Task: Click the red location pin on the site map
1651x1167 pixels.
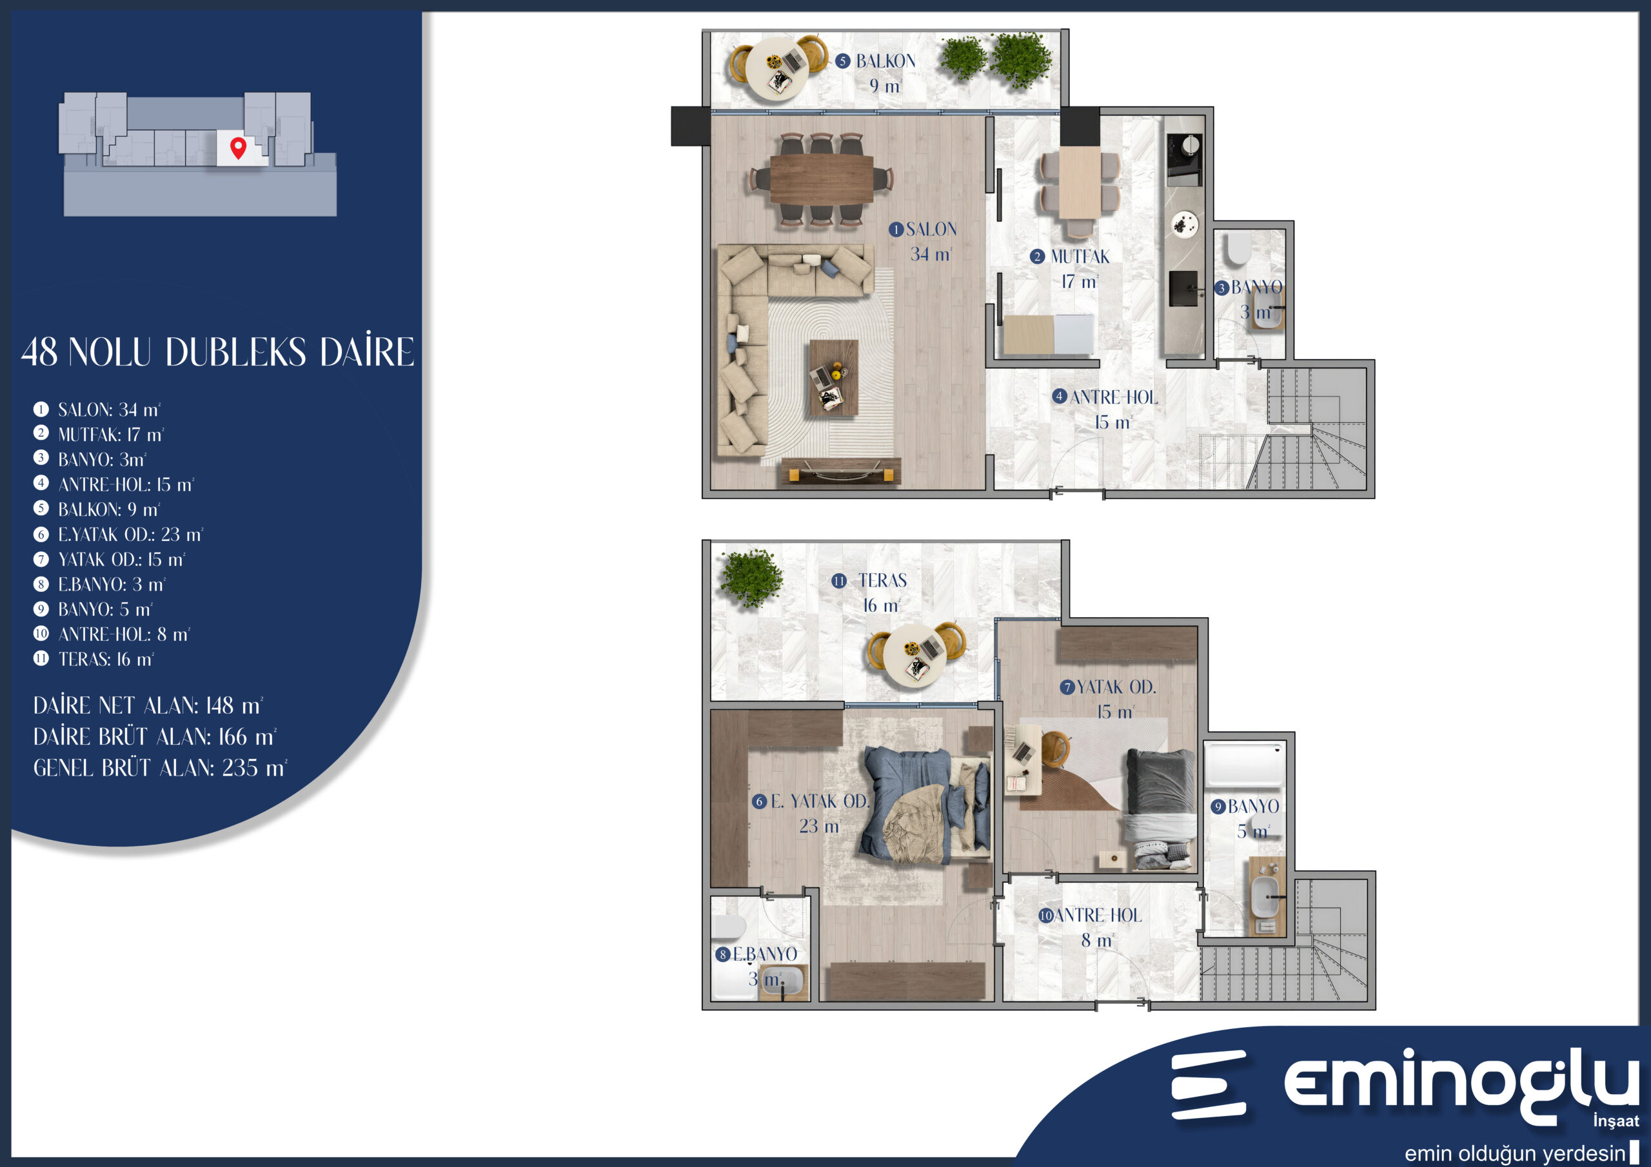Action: coord(238,148)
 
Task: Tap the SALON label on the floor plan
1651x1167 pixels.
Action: coord(931,230)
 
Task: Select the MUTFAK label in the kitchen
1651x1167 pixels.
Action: coord(1080,257)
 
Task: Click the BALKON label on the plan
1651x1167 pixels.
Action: coord(886,61)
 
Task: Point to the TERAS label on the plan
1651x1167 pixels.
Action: coord(882,580)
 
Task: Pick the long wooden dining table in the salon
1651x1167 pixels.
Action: coord(822,179)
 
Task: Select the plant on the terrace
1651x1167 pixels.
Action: coord(751,578)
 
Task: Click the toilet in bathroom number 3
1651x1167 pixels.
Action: coord(1239,248)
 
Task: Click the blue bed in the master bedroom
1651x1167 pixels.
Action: coord(924,805)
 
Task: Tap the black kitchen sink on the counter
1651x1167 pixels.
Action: coord(1183,288)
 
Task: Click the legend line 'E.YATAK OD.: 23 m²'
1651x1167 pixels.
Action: coord(130,534)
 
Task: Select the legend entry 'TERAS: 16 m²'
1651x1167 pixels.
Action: coord(106,659)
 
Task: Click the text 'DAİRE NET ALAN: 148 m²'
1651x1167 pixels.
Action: coord(148,705)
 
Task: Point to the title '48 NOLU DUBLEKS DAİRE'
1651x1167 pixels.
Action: coord(218,352)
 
